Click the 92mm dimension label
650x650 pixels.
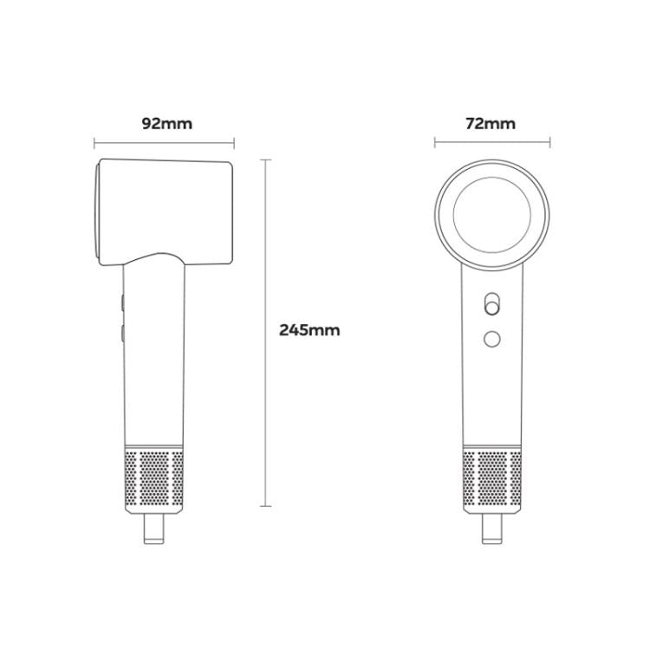point(167,124)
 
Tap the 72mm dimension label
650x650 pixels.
point(491,124)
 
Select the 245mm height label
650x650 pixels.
point(309,330)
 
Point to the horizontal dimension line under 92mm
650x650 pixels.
point(164,143)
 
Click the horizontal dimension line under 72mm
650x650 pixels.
point(492,143)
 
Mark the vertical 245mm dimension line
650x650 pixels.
point(266,333)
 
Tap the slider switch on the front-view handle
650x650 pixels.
point(491,304)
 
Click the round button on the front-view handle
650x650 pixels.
point(492,339)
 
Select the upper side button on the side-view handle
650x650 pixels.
point(123,302)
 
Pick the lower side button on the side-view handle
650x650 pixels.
point(123,334)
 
